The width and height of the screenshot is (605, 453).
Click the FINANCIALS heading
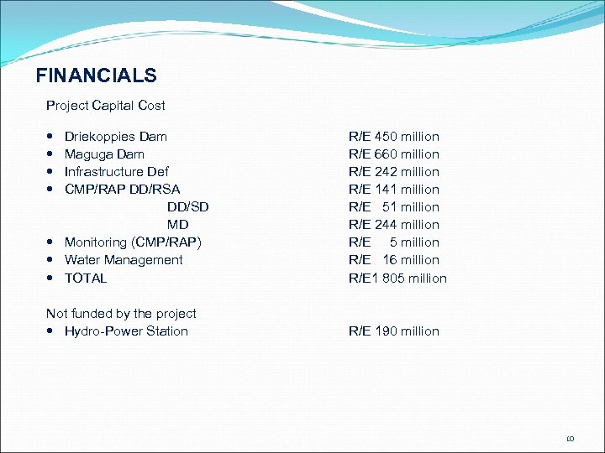tap(96, 75)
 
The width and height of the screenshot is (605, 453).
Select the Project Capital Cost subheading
tap(106, 106)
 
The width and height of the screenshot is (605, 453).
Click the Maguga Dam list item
tap(104, 154)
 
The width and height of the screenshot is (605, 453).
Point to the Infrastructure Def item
tap(116, 172)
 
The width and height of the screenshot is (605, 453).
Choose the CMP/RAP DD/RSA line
tap(122, 190)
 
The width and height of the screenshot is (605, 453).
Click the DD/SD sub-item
tap(187, 207)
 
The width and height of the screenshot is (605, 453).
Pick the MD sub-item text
tap(177, 225)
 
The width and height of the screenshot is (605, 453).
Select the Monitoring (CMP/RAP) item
tap(133, 242)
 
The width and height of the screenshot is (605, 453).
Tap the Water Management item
tap(124, 260)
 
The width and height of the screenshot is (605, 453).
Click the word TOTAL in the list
tap(86, 278)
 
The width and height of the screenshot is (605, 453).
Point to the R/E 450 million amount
tap(394, 137)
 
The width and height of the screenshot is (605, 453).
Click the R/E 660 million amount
tap(394, 154)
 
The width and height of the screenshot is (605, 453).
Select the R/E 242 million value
tap(394, 172)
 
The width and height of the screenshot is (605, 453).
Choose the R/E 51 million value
tap(394, 207)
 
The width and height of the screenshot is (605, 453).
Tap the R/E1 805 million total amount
tap(397, 278)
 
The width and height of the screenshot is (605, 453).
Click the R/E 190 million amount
tap(394, 331)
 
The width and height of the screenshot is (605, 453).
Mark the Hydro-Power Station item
tap(126, 331)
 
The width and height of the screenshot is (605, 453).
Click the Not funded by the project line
tap(121, 314)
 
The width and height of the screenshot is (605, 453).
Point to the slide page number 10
tap(570, 439)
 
